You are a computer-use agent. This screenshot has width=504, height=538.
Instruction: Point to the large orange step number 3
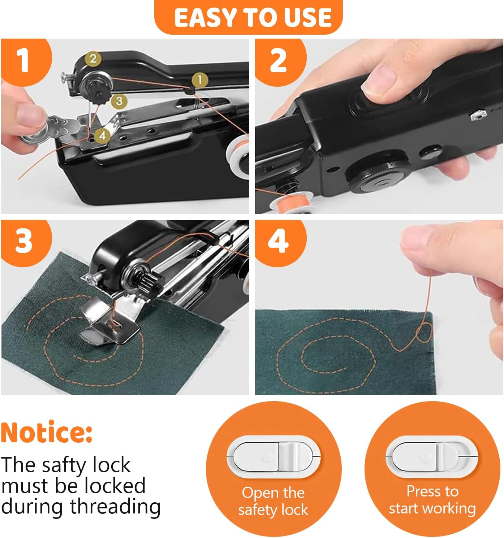[24, 241]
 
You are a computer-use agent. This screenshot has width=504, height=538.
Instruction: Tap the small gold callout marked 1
[200, 80]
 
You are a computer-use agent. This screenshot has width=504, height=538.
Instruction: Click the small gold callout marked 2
[93, 58]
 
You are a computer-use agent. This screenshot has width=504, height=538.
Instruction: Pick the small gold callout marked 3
[119, 101]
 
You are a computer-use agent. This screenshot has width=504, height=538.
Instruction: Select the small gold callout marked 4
[103, 136]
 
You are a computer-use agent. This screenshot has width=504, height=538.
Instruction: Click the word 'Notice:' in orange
[47, 432]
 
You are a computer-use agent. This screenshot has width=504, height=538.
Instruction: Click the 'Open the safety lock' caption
[273, 501]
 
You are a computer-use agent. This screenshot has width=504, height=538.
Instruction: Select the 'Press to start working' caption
[432, 500]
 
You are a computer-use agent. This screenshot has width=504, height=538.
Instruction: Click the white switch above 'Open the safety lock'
[273, 457]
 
